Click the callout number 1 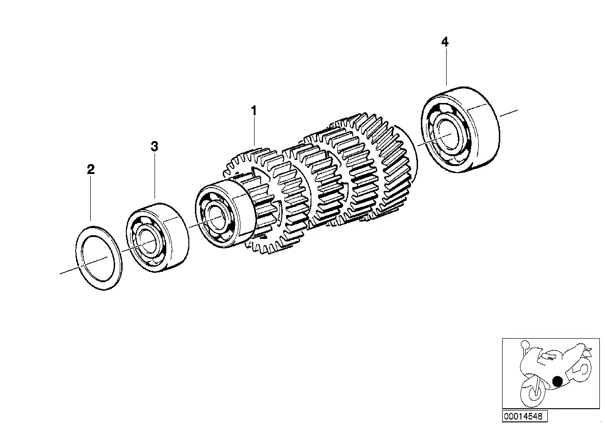coord(254,111)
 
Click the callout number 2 coord(91,170)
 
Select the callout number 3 coord(155,147)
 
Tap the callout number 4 coord(444,42)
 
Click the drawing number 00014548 coord(523,416)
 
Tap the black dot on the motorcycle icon coord(557,381)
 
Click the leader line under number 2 coord(91,198)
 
